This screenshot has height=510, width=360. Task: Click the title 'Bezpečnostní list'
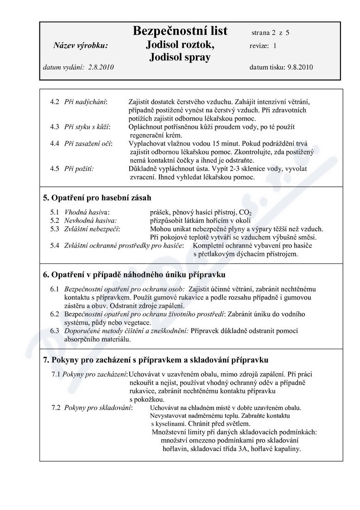click(180, 31)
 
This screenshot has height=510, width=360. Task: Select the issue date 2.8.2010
click(101, 67)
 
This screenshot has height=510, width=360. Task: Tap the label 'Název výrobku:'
click(81, 45)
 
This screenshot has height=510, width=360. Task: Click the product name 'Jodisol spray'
click(180, 57)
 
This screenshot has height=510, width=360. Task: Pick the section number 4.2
click(55, 101)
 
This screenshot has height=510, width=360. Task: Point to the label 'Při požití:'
click(79, 169)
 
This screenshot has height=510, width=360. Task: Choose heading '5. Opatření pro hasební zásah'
click(97, 198)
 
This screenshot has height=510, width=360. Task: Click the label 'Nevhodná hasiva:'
click(90, 220)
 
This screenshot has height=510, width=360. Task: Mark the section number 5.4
click(55, 245)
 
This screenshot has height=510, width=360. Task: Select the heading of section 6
click(134, 275)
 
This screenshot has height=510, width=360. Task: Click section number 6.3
click(55, 331)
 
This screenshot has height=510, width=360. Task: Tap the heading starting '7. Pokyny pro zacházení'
click(155, 360)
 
